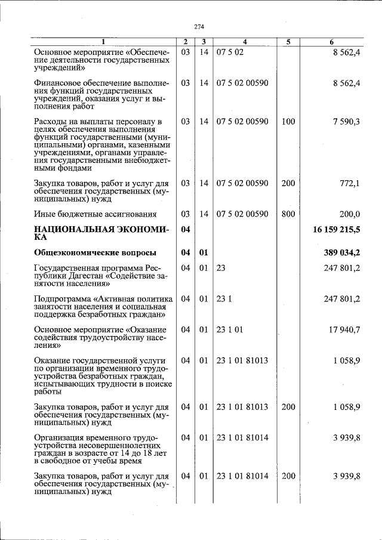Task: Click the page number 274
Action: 199,26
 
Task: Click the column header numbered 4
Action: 245,42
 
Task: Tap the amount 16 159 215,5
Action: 335,230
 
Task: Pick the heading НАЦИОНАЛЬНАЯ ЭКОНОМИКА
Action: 101,233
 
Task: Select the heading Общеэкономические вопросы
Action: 95,252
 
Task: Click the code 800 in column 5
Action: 288,214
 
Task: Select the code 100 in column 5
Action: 288,122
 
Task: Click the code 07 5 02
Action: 230,53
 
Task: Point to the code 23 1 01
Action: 230,329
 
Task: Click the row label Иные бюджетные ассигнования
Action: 95,214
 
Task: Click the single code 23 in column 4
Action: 221,268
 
